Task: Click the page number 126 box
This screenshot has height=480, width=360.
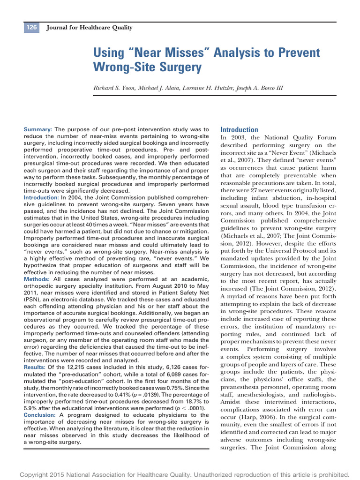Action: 32,28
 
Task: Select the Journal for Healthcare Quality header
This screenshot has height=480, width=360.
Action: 90,28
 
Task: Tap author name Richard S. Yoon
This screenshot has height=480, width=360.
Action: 114,88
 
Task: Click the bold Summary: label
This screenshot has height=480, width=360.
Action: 38,129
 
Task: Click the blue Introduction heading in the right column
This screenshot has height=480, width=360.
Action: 239,130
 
